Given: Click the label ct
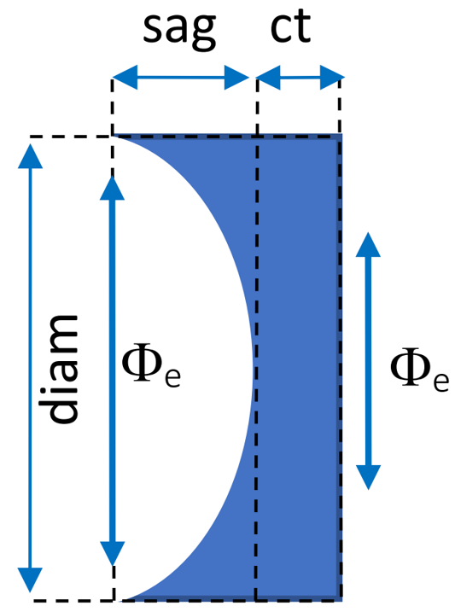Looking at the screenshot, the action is (291, 26).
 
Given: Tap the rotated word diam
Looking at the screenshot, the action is (59, 369).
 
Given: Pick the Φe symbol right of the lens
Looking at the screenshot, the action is (419, 370).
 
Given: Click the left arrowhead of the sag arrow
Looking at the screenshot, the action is (125, 78).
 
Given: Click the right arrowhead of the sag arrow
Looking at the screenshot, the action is (236, 78).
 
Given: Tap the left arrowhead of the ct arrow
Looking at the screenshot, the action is (268, 78).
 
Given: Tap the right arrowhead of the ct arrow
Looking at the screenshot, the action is (332, 78).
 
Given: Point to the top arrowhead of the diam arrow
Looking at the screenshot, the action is (30, 156).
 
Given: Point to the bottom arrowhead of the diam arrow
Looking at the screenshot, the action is (30, 580).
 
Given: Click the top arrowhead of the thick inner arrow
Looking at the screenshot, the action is (112, 188).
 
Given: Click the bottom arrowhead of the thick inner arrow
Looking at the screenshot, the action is (112, 554).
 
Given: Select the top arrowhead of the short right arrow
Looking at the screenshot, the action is (368, 244).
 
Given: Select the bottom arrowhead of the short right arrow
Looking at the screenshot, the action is (368, 477).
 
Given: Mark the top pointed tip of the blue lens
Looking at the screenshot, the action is (115, 136).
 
